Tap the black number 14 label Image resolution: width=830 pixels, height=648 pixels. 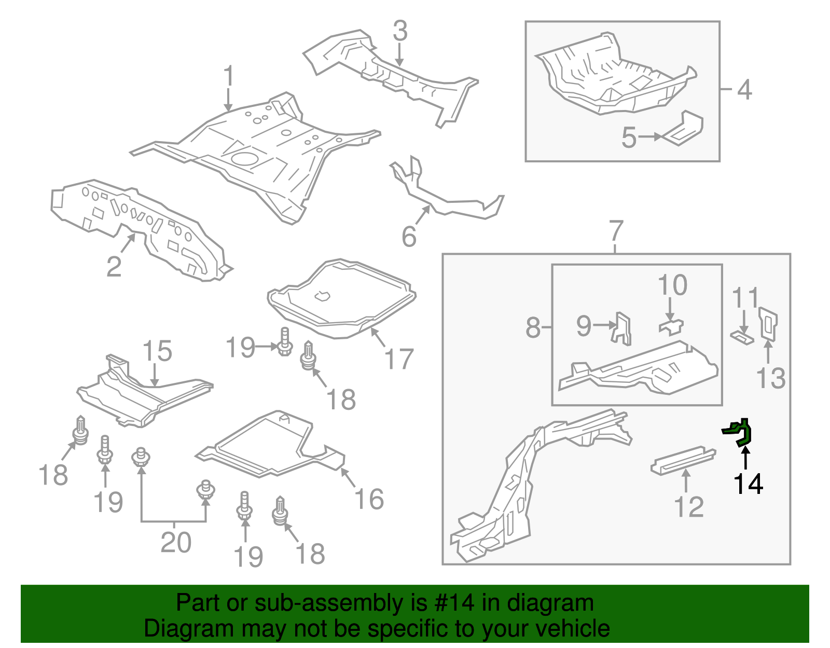pyautogui.click(x=748, y=484)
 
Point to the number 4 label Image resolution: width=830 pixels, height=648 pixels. pyautogui.click(x=744, y=90)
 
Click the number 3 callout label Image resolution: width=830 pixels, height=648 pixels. pyautogui.click(x=400, y=31)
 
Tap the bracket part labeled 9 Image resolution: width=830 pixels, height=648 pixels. pyautogui.click(x=622, y=328)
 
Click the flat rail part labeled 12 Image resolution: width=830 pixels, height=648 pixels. pyautogui.click(x=682, y=459)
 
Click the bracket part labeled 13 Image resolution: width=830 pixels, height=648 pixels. pyautogui.click(x=767, y=324)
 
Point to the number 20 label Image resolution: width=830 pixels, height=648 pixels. pyautogui.click(x=176, y=543)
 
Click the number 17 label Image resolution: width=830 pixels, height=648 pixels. pyautogui.click(x=398, y=359)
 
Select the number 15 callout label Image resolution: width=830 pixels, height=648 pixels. pyautogui.click(x=157, y=351)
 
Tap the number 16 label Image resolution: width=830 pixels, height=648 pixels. pyautogui.click(x=369, y=499)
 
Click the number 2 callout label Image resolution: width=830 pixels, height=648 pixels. pyautogui.click(x=114, y=266)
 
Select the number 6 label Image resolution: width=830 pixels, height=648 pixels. pyautogui.click(x=409, y=237)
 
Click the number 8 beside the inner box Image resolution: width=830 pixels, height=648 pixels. pyautogui.click(x=533, y=328)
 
